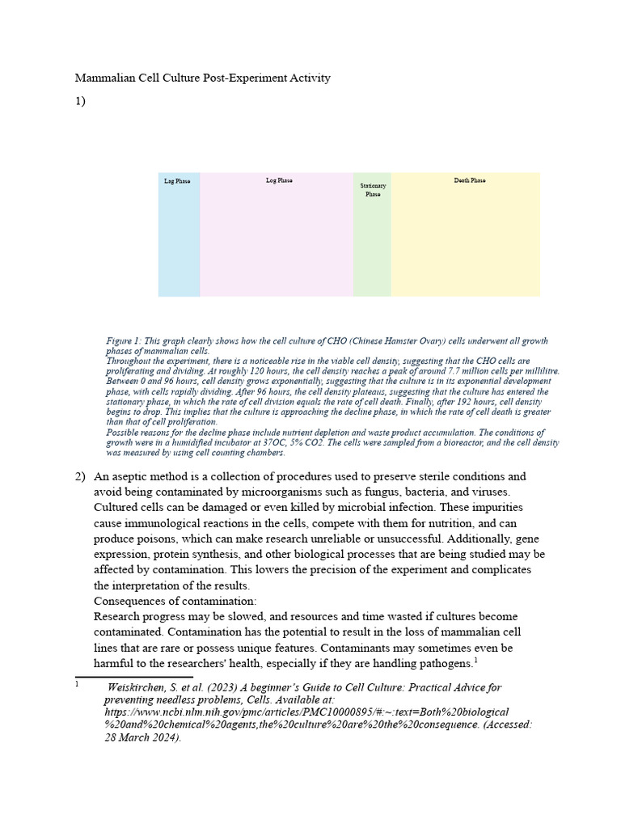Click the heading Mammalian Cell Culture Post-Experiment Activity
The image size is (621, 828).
coord(203,78)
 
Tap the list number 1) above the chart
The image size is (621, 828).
coord(80,101)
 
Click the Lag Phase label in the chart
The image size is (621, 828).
coord(177,182)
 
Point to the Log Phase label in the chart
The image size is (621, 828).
coord(279,181)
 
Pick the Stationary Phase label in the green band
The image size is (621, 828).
coord(373,190)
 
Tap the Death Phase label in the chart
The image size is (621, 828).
coord(470,181)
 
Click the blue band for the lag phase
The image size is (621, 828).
coord(179,243)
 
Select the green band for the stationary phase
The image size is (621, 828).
coord(372,251)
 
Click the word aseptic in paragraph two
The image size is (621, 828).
coord(132,476)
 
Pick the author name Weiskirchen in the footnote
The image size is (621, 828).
coord(137,687)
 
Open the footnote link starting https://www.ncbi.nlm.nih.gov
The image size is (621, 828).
coord(306,712)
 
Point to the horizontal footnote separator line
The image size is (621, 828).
coord(133,677)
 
